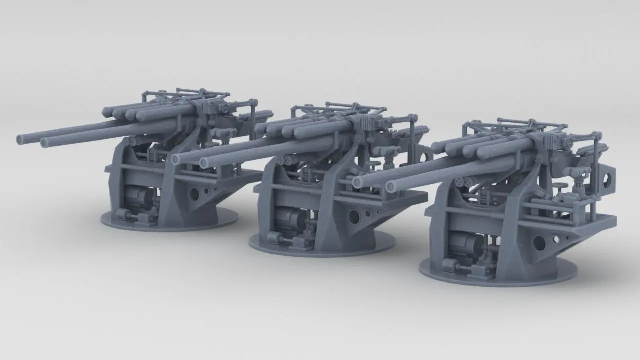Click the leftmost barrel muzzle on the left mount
pos(20,138)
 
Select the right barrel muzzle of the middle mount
pos(204,162)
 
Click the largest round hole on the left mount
pos(194,192)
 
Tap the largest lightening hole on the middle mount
pos(354,216)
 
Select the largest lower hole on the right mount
pos(539,243)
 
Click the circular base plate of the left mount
pos(170,222)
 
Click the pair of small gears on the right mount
pos(463,183)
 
